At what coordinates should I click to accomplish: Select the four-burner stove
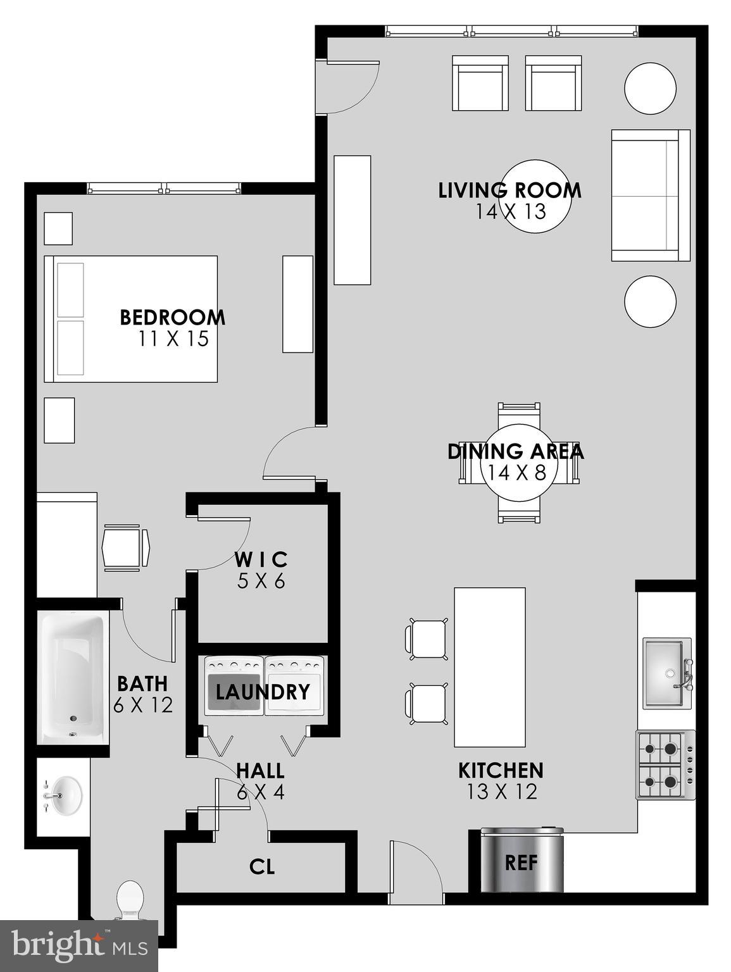click(x=665, y=764)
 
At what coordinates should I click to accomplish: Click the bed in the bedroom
click(x=130, y=319)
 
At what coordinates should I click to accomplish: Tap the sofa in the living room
click(x=650, y=196)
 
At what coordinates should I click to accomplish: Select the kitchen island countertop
click(x=489, y=667)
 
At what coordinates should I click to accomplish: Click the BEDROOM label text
click(x=172, y=317)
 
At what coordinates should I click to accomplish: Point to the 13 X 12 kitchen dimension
click(x=501, y=792)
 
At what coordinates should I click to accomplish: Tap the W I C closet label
click(x=261, y=559)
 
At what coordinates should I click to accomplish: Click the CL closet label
click(x=262, y=866)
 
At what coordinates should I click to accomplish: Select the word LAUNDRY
click(x=263, y=692)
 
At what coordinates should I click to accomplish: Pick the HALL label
click(x=260, y=771)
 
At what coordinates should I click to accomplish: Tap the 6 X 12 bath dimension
click(x=143, y=704)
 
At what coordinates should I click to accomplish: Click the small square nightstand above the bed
click(x=58, y=228)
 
